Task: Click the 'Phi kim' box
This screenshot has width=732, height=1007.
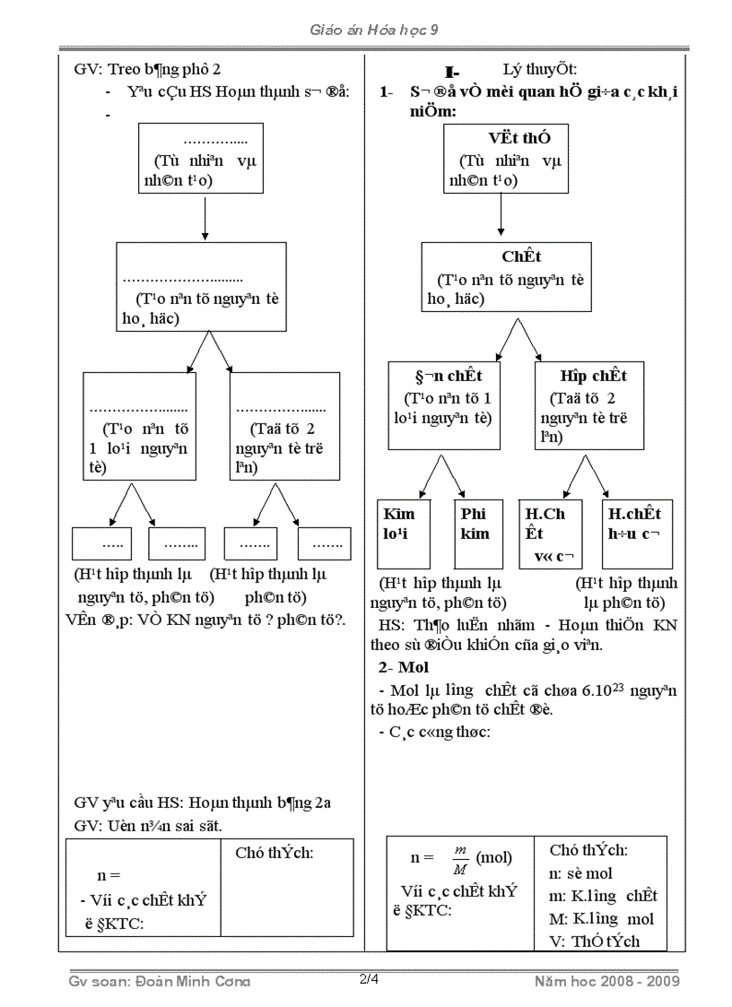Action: coord(475,525)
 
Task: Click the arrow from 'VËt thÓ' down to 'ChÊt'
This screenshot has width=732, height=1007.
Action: coord(500,215)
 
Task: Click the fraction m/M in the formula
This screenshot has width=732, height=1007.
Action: coord(461,859)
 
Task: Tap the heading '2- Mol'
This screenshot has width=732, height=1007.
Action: coord(404,667)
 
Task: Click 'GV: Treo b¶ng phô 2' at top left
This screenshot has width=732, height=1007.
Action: coord(146,68)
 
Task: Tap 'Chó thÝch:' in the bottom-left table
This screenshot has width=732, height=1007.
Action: coord(274,853)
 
